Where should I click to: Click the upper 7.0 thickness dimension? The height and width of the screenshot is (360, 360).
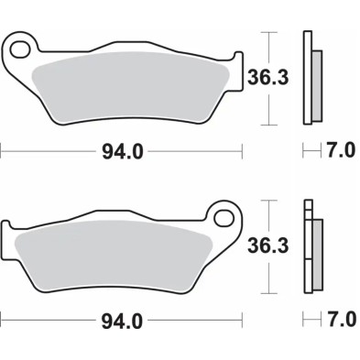[339, 152]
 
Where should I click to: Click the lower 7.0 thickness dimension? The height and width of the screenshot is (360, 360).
[339, 321]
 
